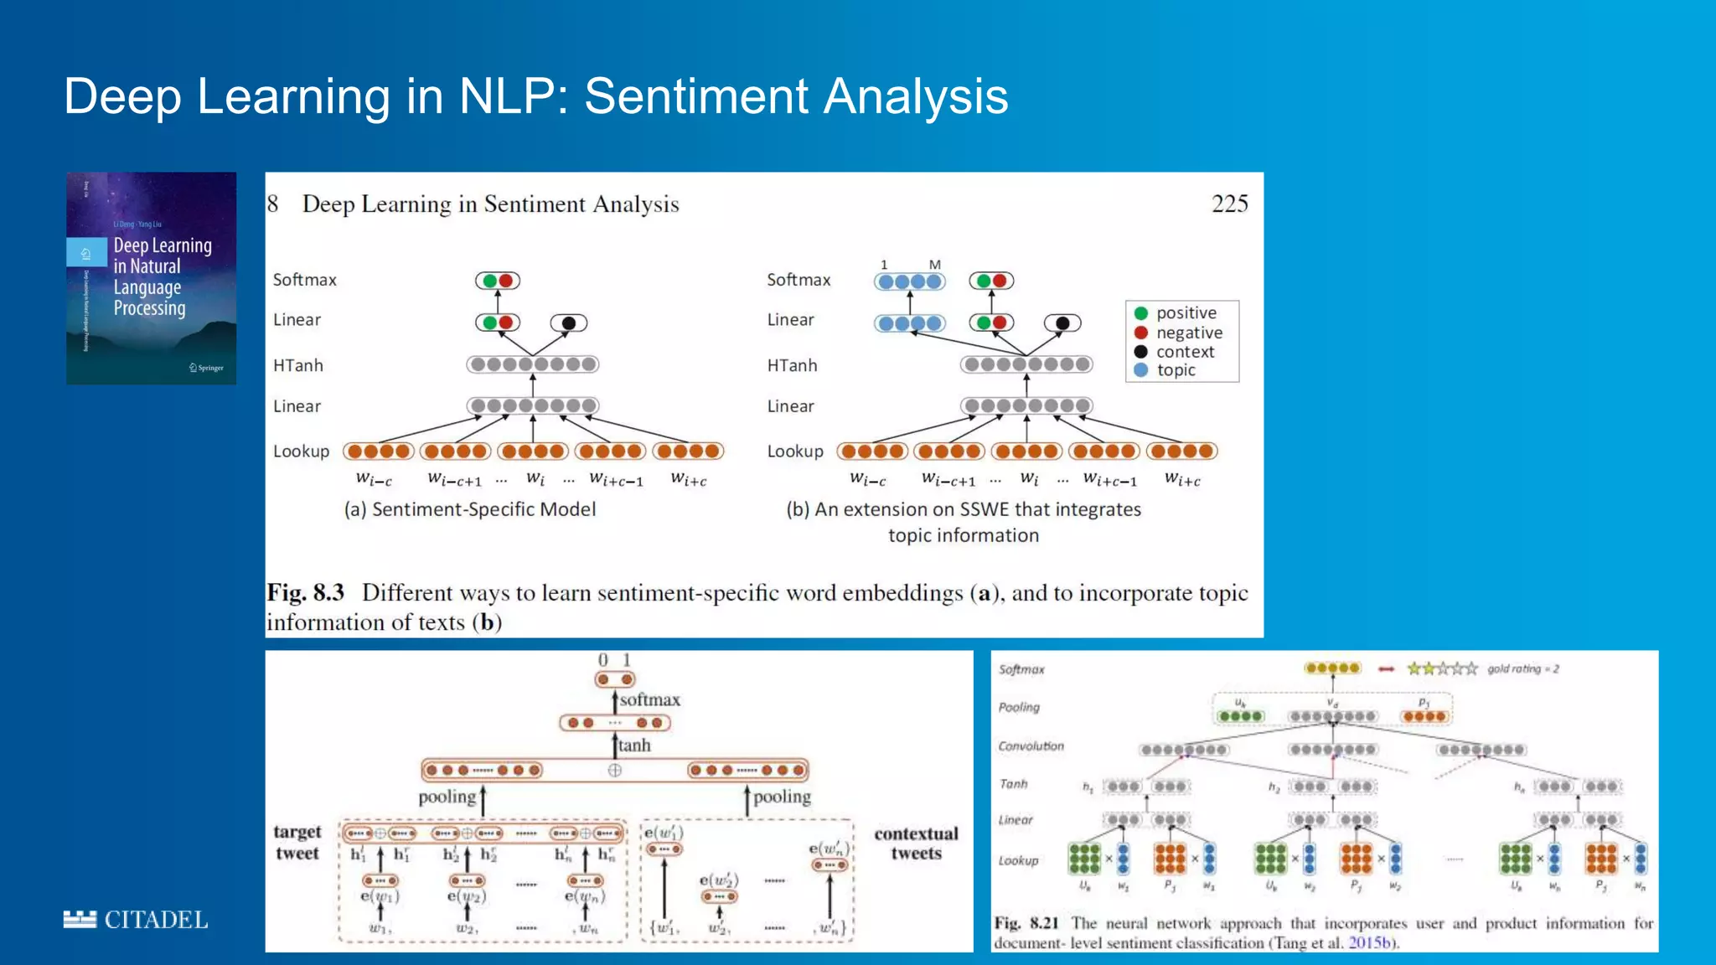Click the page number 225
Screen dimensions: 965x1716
click(1229, 204)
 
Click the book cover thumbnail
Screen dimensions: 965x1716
click(151, 278)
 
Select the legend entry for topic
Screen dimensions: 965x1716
click(1176, 370)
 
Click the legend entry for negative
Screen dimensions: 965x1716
click(1188, 333)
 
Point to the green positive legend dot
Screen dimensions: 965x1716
click(1140, 313)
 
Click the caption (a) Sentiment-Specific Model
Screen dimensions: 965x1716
click(469, 509)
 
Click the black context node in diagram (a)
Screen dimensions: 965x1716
click(569, 323)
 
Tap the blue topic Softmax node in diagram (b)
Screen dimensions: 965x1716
click(910, 281)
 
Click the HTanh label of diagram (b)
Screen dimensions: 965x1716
click(792, 365)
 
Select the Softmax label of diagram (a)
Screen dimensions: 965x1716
click(304, 280)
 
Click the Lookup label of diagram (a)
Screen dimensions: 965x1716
click(301, 452)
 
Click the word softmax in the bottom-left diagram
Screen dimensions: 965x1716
click(650, 699)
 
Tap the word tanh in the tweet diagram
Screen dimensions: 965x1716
click(634, 745)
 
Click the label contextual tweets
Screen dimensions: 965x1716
click(916, 843)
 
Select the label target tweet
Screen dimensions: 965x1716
click(297, 842)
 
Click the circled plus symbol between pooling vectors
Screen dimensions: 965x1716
click(615, 770)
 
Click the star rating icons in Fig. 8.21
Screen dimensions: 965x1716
click(1442, 668)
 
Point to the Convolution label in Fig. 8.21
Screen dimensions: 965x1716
click(1031, 746)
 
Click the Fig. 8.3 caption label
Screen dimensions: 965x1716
click(306, 593)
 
